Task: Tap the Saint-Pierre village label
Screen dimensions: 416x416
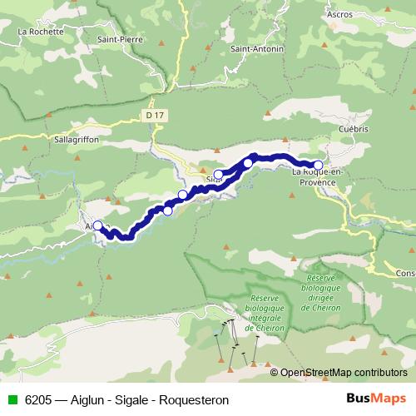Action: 117,39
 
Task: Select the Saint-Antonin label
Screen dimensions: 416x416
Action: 257,49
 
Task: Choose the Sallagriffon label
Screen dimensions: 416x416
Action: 76,141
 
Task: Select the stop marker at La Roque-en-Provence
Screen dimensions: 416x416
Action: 318,165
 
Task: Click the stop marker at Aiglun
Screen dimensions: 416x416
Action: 97,225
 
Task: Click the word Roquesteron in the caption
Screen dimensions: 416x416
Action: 195,400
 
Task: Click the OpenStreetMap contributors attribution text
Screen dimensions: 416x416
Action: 343,373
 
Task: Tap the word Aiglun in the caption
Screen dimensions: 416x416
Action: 90,400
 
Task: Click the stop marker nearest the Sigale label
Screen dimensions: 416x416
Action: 219,175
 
